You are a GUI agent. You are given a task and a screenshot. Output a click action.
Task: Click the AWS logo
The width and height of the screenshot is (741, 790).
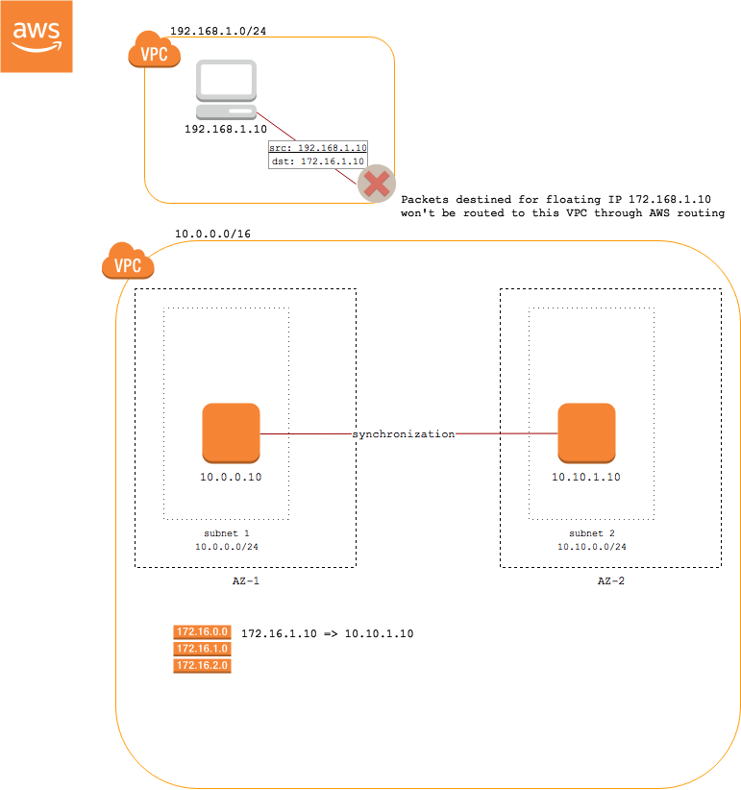[x=37, y=36]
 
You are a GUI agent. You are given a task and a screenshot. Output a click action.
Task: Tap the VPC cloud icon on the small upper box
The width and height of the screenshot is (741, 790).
[x=154, y=52]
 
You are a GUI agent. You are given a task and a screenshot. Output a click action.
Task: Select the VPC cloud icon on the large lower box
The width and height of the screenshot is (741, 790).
[x=128, y=262]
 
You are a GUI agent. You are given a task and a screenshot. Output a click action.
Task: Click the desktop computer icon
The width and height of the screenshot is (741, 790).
[x=227, y=89]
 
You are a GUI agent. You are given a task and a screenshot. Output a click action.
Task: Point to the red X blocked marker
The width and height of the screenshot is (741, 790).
[x=377, y=184]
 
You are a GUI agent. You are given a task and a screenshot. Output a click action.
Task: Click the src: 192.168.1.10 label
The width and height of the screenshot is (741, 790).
[x=318, y=148]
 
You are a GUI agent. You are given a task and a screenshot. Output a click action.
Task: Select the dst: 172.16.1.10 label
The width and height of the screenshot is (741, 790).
[x=318, y=162]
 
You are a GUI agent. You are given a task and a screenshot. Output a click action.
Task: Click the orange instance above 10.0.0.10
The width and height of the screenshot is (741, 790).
[x=231, y=432]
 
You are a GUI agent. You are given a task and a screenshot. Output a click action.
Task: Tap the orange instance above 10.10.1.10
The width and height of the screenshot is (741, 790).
[x=586, y=432]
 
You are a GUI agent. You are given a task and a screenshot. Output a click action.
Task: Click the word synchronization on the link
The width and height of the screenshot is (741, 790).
[x=403, y=434]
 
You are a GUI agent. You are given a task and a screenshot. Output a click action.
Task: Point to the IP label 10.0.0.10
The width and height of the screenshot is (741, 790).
[x=231, y=478]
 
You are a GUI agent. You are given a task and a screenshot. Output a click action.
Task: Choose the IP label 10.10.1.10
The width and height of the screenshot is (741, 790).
[x=586, y=478]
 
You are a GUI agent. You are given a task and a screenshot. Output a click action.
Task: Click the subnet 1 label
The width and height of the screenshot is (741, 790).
[x=228, y=532]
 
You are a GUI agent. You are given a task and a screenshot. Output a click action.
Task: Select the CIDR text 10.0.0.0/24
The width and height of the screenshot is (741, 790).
[x=228, y=547]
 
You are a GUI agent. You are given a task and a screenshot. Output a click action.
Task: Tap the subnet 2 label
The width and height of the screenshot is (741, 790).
[x=592, y=532]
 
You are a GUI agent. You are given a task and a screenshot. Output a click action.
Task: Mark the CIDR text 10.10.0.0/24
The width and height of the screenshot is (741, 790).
[x=592, y=547]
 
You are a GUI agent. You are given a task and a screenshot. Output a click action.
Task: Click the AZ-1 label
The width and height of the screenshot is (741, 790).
[x=246, y=581]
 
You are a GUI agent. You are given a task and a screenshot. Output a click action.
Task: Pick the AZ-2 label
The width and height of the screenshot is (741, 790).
[x=610, y=581]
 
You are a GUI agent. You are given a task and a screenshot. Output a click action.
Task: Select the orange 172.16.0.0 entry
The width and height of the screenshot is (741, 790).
[x=202, y=631]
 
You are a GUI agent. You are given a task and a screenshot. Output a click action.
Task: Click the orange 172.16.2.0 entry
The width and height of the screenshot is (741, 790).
[x=202, y=665]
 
